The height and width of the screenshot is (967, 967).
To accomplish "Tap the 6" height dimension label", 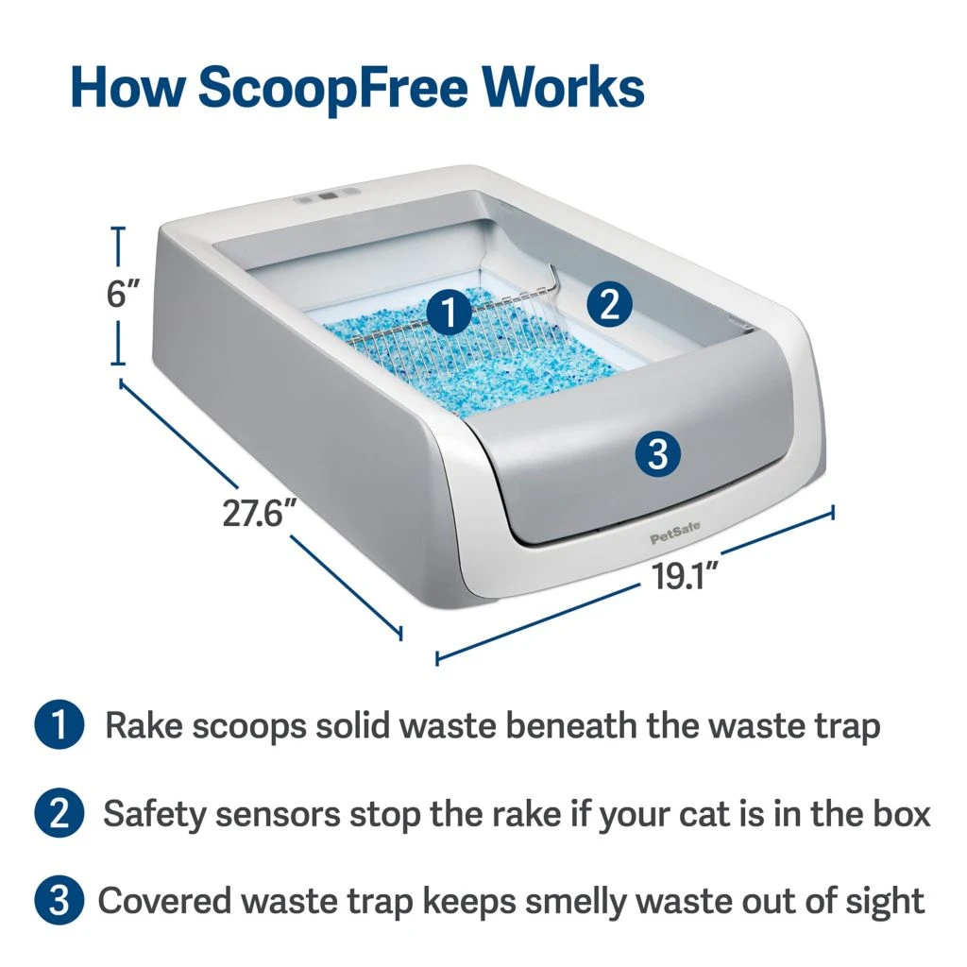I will coord(125,294).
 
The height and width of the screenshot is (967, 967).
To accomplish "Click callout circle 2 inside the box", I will coord(609,304).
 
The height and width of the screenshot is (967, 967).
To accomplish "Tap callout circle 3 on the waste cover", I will coord(658,455).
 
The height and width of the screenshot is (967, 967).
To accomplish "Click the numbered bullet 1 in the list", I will coord(59,726).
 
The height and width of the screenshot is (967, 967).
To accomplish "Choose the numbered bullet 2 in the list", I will coord(59,814).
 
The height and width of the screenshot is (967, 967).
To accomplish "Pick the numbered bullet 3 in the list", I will coord(59,901).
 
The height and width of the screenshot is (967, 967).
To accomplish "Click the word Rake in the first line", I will coord(144,726).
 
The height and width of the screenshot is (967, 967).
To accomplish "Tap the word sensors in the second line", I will coord(295,814).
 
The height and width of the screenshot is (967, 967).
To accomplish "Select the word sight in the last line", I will coord(883,902).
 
